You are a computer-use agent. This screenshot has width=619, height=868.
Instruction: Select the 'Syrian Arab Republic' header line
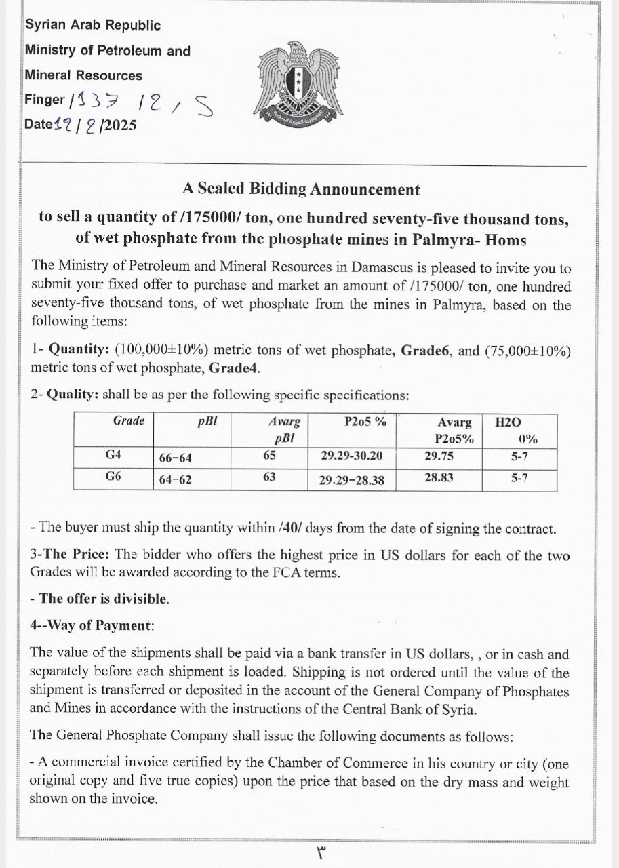(93, 26)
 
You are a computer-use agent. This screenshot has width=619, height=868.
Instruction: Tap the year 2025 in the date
(117, 125)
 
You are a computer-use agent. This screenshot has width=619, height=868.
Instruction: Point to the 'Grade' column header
(128, 420)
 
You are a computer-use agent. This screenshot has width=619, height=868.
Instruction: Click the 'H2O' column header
(508, 422)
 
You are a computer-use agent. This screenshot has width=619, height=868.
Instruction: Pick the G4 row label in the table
(113, 456)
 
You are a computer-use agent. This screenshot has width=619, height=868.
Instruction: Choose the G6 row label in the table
(113, 476)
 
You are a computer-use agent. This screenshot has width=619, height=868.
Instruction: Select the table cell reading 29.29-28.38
(352, 480)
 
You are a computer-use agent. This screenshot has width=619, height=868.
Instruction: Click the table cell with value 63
(269, 477)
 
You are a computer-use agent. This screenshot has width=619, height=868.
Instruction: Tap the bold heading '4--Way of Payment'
(92, 625)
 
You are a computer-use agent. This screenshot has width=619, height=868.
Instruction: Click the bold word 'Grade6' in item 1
(426, 351)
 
